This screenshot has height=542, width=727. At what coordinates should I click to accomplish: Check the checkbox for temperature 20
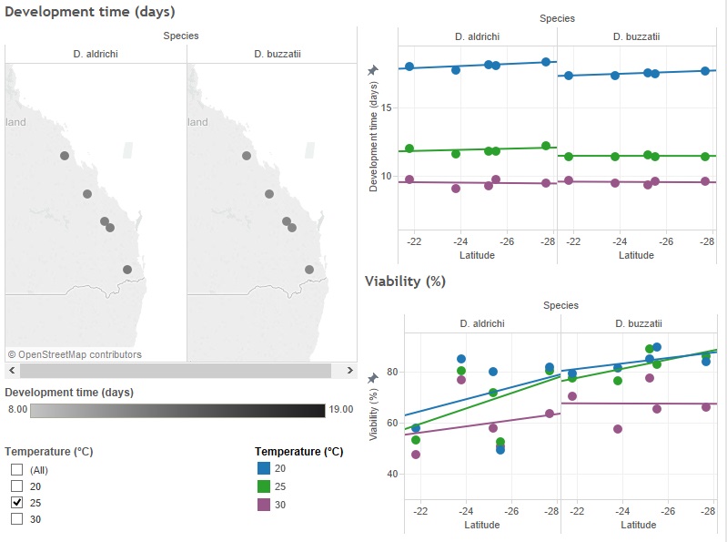point(16,486)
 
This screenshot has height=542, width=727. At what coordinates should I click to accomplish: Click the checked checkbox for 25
point(16,502)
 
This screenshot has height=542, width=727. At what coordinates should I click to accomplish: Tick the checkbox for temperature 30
point(16,518)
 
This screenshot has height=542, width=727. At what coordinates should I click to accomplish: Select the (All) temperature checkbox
point(16,469)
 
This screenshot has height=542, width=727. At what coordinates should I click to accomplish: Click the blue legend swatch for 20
point(264,468)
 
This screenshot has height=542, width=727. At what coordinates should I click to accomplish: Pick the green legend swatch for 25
point(264,486)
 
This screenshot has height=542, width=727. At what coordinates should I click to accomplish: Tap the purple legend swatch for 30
point(264,503)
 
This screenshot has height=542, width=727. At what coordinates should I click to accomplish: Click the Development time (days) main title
point(89,12)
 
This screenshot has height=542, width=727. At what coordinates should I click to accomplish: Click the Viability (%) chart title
point(405,281)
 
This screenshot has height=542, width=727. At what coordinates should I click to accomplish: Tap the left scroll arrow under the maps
point(12,371)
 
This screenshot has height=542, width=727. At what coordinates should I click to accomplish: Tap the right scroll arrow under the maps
point(349,371)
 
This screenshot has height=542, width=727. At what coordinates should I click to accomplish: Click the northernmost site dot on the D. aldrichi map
point(65,156)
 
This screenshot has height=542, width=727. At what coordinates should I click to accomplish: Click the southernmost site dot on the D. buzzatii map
point(309,270)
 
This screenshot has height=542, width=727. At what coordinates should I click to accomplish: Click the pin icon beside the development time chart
point(371,70)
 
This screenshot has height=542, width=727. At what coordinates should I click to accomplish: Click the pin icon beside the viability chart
point(371,377)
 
